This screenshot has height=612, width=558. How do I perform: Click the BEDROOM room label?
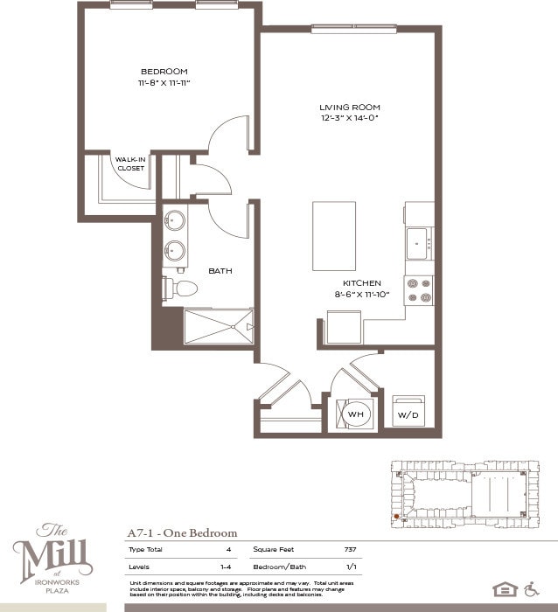coord(164,72)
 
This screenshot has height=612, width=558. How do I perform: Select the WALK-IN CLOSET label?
coord(131,163)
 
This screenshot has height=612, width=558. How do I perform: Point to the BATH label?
coord(220,271)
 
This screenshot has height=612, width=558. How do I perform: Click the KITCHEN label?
coord(362,284)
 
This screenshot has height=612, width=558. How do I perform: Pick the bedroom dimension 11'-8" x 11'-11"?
coord(164,83)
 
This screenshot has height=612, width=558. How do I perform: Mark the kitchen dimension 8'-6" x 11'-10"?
coord(362,296)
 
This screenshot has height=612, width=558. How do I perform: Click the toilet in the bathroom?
coord(183,288)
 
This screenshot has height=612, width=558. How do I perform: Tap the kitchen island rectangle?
coord(334,236)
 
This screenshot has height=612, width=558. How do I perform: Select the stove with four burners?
coord(418,290)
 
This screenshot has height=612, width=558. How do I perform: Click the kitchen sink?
coord(418,242)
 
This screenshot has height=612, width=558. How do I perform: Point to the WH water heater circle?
coord(357,414)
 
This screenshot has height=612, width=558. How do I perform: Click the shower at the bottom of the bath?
coord(218,327)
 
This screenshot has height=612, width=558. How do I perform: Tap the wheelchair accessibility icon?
coord(532,588)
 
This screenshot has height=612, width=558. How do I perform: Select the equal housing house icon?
coord(504,588)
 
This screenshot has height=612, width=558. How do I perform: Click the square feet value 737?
coord(349,549)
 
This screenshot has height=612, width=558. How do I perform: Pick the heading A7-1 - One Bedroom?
coord(182,532)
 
